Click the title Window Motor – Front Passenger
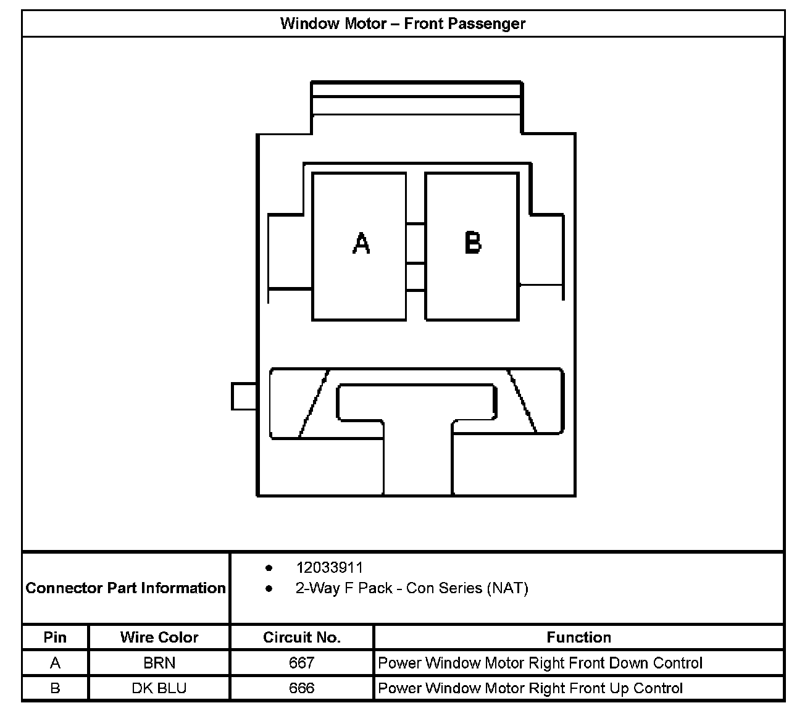pyautogui.click(x=403, y=24)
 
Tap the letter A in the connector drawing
pyautogui.click(x=361, y=243)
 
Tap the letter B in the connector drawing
pyautogui.click(x=472, y=243)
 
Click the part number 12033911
pyautogui.click(x=330, y=568)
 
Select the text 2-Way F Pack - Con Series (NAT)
pyautogui.click(x=412, y=588)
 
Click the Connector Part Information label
pyautogui.click(x=126, y=588)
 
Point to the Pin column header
pyautogui.click(x=55, y=638)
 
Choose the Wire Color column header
pyautogui.click(x=159, y=638)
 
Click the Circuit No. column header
pyautogui.click(x=301, y=638)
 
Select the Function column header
pyautogui.click(x=578, y=638)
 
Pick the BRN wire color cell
pyautogui.click(x=159, y=664)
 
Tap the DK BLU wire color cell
pyautogui.click(x=159, y=688)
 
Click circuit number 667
pyautogui.click(x=301, y=664)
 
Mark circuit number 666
pyautogui.click(x=301, y=688)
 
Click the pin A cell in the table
pyautogui.click(x=55, y=664)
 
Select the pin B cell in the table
pyautogui.click(x=55, y=688)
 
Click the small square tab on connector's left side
pyautogui.click(x=244, y=396)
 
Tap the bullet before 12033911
pyautogui.click(x=269, y=568)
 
